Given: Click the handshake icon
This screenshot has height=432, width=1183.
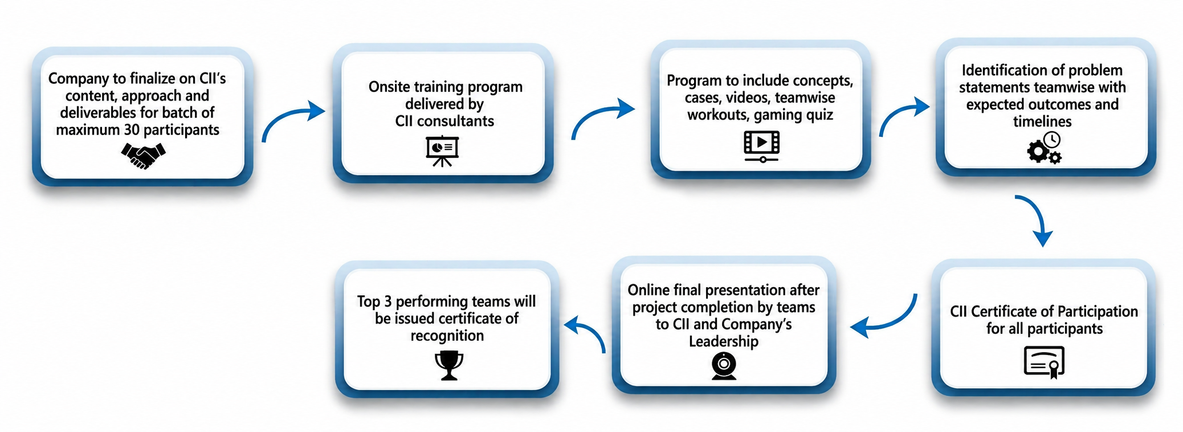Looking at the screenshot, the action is coord(143,156).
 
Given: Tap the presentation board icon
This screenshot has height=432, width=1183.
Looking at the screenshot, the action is coord(442,151).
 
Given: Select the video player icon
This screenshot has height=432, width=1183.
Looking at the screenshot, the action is coord(761,146).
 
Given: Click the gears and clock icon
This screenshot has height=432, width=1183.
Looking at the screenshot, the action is coord(1044,148).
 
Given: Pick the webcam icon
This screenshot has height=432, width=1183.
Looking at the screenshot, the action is coord(724,366).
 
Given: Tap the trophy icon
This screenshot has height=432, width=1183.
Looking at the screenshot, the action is coord(449,365).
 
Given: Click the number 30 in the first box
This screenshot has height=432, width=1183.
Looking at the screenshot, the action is coord(132,130).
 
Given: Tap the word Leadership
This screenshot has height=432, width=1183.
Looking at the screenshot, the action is coord(724,341).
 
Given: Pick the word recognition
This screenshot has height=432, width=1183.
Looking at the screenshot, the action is coord(447,336).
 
